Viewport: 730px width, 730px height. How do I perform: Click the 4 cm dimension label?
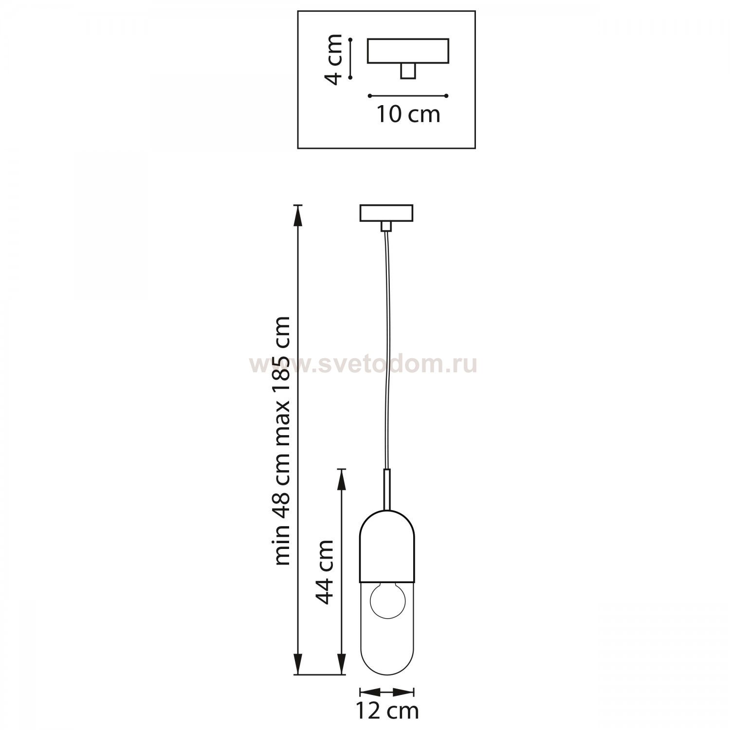point(334,59)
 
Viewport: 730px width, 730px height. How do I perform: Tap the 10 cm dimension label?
point(408,114)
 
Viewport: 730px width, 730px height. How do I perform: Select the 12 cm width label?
point(387,711)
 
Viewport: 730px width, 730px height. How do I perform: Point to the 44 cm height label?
point(324,572)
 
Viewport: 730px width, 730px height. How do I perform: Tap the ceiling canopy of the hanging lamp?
point(386,213)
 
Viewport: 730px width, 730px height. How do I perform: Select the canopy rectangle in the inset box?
point(408,51)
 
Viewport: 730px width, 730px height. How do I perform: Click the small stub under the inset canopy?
point(408,71)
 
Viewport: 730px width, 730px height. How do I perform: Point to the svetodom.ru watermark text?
point(363,365)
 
